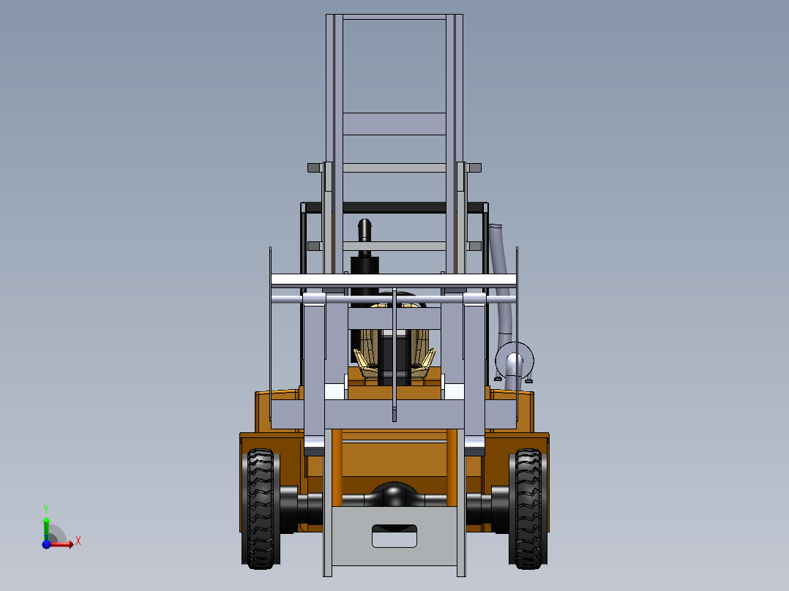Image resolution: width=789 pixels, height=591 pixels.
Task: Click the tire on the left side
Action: (x=260, y=508)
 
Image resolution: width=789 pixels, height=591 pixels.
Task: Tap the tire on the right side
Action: (x=527, y=508)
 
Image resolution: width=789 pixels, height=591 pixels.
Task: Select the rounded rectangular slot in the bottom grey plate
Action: (x=394, y=535)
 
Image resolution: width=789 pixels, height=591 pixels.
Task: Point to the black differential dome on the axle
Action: (x=394, y=495)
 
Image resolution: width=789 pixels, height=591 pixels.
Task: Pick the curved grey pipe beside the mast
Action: (x=501, y=271)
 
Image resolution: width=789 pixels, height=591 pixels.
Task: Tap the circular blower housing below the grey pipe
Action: (x=514, y=362)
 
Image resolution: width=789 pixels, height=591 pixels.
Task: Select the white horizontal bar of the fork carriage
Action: (x=394, y=279)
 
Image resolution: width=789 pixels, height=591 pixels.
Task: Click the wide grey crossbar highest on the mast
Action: (x=394, y=124)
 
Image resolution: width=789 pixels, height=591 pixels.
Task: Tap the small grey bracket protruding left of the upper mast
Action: (x=315, y=167)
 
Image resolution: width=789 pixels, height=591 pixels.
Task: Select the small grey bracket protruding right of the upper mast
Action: (x=474, y=167)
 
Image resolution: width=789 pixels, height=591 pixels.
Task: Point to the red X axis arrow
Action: (x=64, y=543)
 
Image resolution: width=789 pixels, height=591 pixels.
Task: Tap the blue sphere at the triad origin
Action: (x=47, y=543)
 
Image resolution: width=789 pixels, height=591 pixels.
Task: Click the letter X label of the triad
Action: (x=78, y=541)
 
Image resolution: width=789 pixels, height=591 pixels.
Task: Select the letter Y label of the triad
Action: (x=46, y=508)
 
